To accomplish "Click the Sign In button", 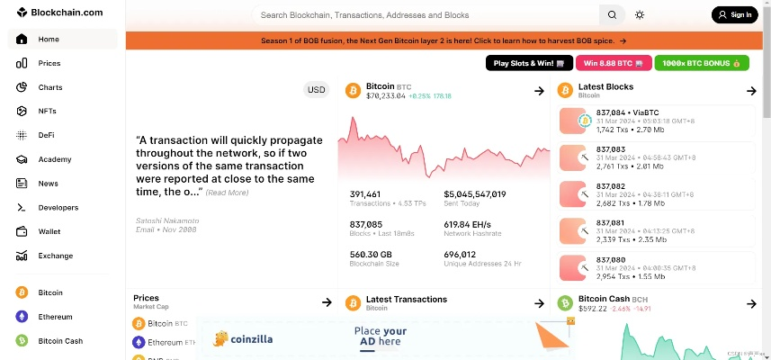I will click(x=734, y=14).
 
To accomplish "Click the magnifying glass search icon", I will click(x=612, y=14).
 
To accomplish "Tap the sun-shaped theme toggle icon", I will click(x=640, y=14).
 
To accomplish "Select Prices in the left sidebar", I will click(x=49, y=63).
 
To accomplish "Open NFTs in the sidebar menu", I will click(x=47, y=112).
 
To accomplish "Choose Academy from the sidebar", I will click(x=54, y=159).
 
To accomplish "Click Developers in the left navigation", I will click(x=58, y=208).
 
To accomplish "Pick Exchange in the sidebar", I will click(x=55, y=256).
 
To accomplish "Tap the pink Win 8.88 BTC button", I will click(x=614, y=63).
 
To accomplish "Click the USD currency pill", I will click(x=317, y=89).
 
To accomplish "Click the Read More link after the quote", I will click(x=227, y=193).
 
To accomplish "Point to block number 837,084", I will click(x=612, y=112).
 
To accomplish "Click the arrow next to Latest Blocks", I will click(x=751, y=91).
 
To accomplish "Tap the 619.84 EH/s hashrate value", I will click(x=469, y=223).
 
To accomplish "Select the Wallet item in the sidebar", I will click(x=49, y=231).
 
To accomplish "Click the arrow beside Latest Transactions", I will click(x=539, y=302).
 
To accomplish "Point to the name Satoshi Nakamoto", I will click(x=167, y=220).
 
